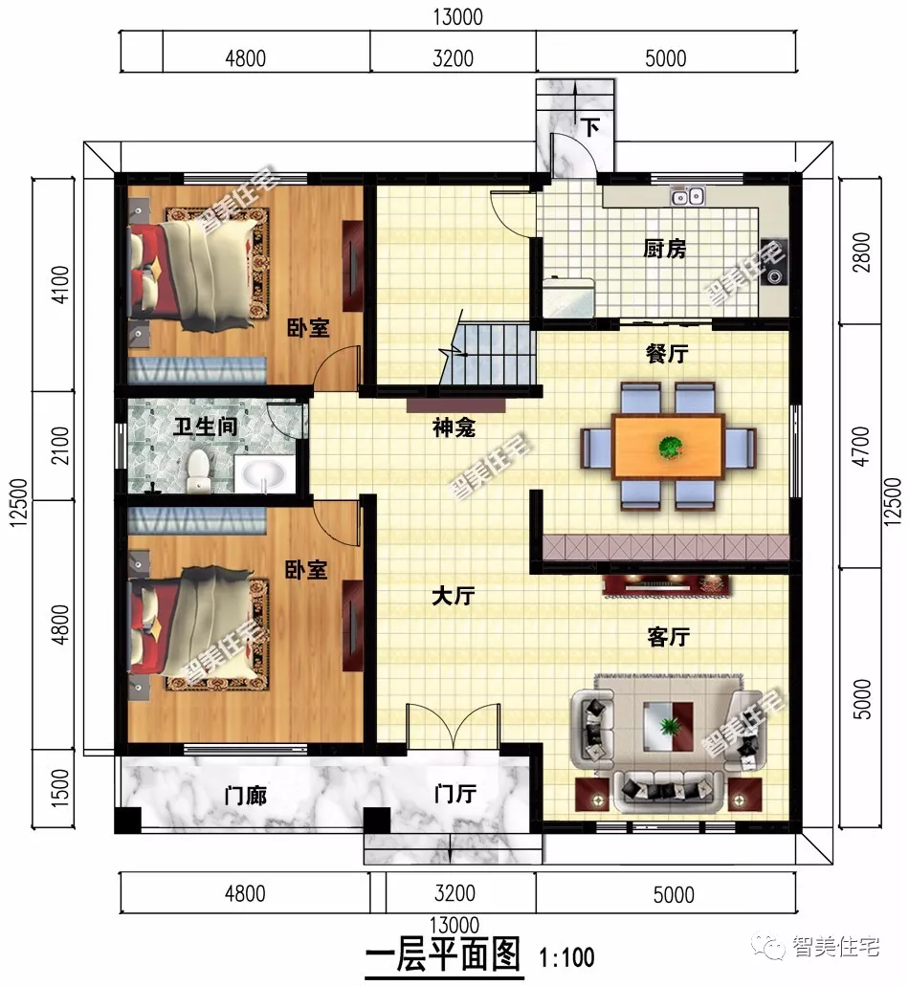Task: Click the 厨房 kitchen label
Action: [664, 250]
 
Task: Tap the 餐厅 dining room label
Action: [667, 354]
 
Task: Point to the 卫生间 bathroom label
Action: [206, 427]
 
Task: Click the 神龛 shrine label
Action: [454, 429]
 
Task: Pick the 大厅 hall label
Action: [453, 597]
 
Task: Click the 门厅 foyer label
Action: [454, 794]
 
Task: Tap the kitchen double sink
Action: [688, 198]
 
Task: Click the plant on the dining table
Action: [671, 446]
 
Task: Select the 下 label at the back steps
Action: [591, 128]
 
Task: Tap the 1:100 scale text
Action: [566, 956]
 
